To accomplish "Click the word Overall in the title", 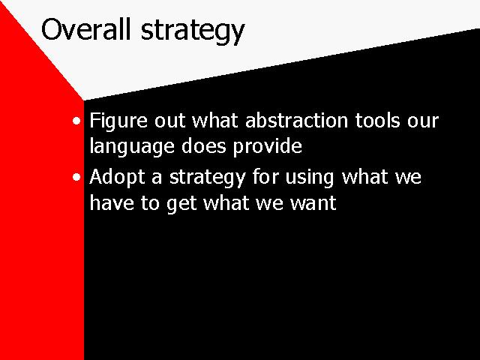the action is pos(86,29).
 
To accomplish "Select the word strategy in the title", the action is pos(193,31).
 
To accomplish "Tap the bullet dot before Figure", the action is pos(76,121).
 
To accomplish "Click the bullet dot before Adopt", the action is pos(76,177).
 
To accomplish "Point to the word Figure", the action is pos(118,121).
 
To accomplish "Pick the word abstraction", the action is pos(296,120).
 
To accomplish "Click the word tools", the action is pos(377,120).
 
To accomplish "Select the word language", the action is pos(132,147).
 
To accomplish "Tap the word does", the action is pos(203,146).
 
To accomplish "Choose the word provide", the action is pos(268,147).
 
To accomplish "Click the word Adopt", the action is pos(117,178).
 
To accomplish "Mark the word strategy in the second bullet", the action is pos(208,178).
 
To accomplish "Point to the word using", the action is pos(309,178).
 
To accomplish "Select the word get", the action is pos(181,204).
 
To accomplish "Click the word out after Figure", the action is pos(169,121).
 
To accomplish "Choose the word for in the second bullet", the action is pos(265,177).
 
